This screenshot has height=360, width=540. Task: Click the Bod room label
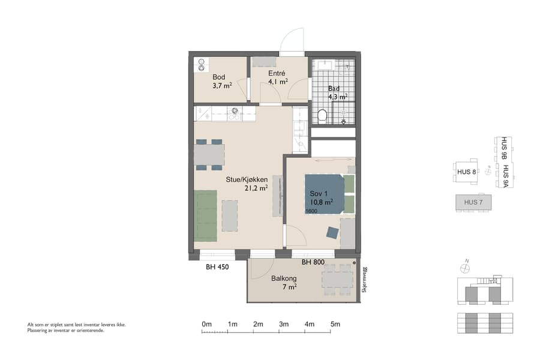coord(219,77)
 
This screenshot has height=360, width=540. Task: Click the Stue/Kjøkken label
coord(247,179)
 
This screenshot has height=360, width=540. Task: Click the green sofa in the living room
coord(205,215)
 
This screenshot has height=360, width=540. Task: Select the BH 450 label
coord(218,266)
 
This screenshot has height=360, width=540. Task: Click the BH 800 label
coord(313,262)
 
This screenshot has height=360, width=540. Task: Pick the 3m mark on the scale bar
coord(284,325)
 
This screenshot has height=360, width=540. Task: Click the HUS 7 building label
coord(473,203)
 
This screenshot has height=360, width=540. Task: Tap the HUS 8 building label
coord(466,172)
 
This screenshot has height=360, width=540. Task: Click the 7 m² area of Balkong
coord(290,288)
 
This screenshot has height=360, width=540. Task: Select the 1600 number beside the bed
coord(311,211)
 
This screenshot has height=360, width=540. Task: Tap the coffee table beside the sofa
coord(230,215)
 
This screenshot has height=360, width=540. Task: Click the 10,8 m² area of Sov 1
coord(322,203)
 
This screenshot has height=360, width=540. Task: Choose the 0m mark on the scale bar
coord(206,325)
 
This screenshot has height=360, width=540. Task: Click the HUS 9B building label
coord(504,149)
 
